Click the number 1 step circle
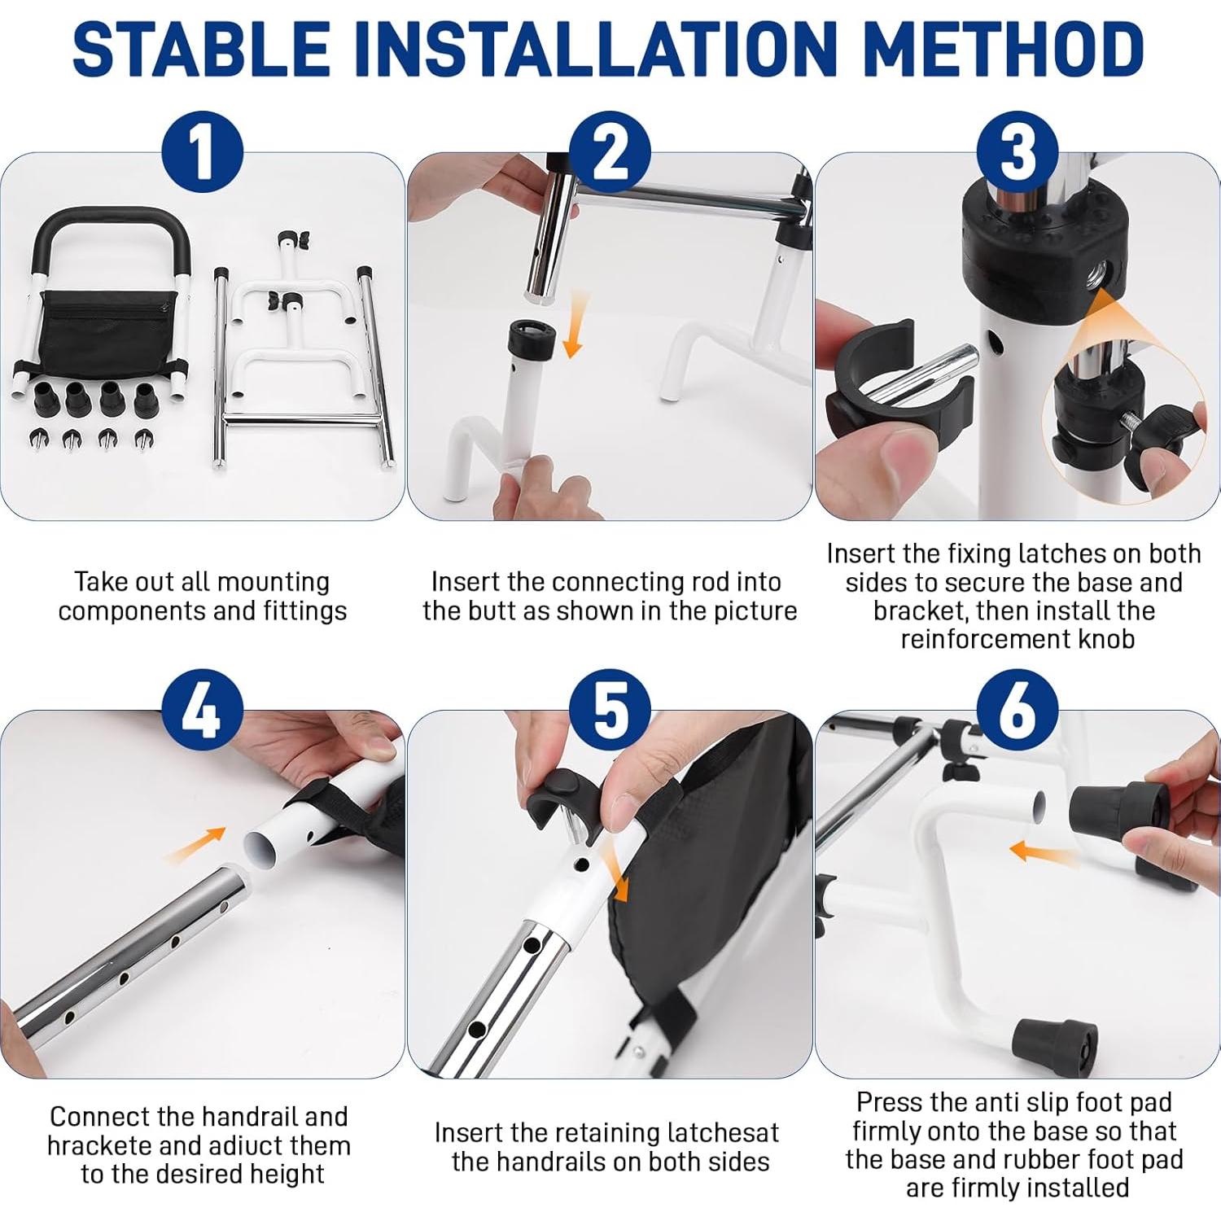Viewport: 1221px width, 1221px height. [202, 152]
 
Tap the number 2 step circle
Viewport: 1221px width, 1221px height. [610, 152]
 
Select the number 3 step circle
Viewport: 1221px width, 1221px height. [1017, 152]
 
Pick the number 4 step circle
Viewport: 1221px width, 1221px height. [202, 711]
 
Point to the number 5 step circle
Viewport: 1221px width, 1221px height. [610, 711]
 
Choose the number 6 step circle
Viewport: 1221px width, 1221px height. [1017, 711]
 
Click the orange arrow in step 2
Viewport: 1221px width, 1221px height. [576, 325]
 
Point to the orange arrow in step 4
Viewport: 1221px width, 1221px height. [195, 844]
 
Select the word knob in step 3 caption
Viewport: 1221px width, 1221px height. [1104, 639]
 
